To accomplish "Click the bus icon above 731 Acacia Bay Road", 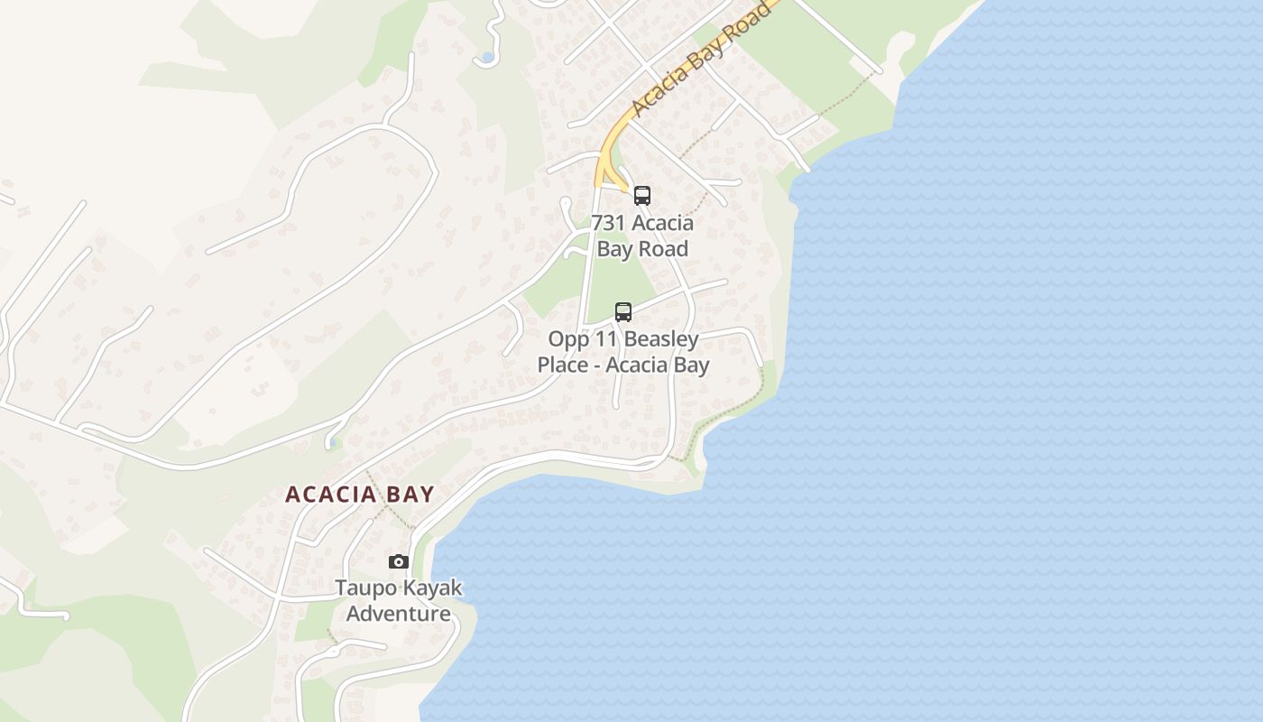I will point(641,196).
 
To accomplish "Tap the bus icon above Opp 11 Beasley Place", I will point(622,312).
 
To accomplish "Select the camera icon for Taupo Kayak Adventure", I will point(398,562).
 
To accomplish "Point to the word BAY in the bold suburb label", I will point(408,495).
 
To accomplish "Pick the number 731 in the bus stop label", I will point(609,223).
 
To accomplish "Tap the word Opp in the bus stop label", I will point(568,340).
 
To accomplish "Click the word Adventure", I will point(399,614).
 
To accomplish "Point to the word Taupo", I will point(364,588).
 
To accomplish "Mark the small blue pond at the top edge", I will point(487,58).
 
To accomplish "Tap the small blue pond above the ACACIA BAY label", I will point(335,442).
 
